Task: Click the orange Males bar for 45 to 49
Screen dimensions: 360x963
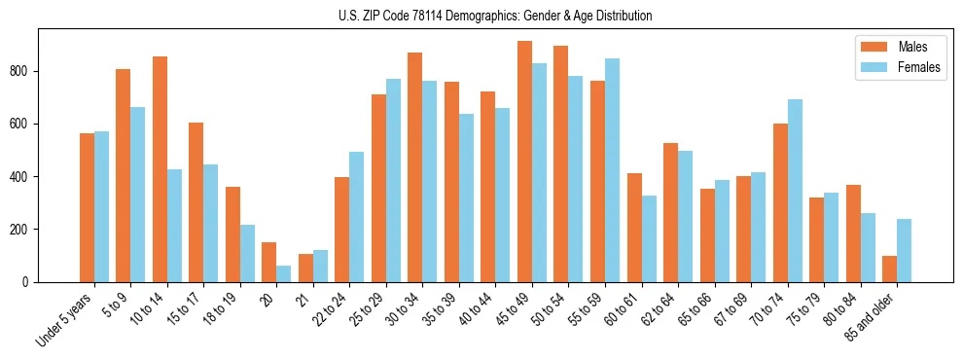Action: click(524, 162)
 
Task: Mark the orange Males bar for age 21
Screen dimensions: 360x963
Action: click(305, 269)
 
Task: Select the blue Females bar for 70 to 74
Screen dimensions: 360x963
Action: click(795, 191)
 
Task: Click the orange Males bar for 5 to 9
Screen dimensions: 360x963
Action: click(123, 175)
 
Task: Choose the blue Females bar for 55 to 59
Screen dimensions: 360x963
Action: click(612, 170)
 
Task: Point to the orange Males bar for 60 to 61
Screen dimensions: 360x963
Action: click(634, 228)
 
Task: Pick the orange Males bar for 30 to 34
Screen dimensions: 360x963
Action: click(414, 167)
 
